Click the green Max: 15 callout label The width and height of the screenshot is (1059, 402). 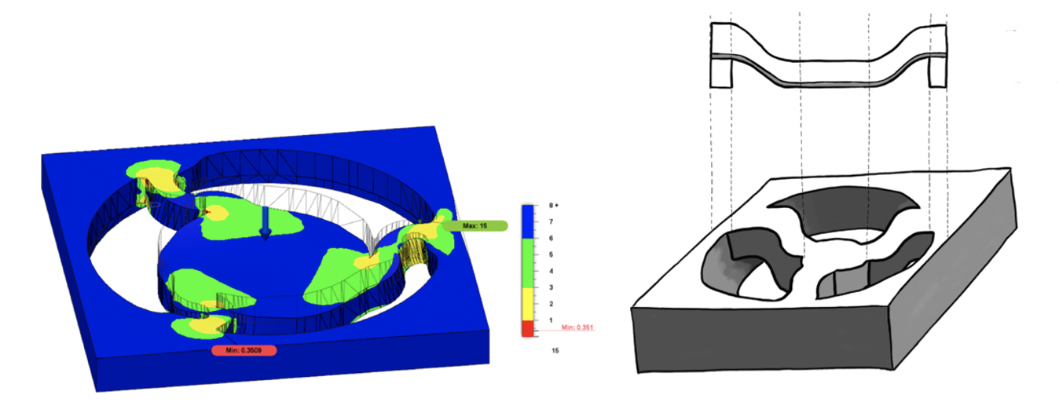click(475, 226)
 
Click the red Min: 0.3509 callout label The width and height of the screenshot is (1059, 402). click(244, 350)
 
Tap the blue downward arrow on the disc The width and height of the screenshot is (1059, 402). click(266, 223)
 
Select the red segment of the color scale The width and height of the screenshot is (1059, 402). click(528, 329)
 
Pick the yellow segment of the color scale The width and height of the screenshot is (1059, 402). click(528, 304)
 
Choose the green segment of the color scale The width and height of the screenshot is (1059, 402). click(528, 263)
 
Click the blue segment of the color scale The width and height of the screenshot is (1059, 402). click(528, 221)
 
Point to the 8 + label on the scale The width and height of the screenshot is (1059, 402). click(554, 206)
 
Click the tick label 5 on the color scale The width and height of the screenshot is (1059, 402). click(551, 254)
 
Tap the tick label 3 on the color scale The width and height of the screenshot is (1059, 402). click(551, 287)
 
